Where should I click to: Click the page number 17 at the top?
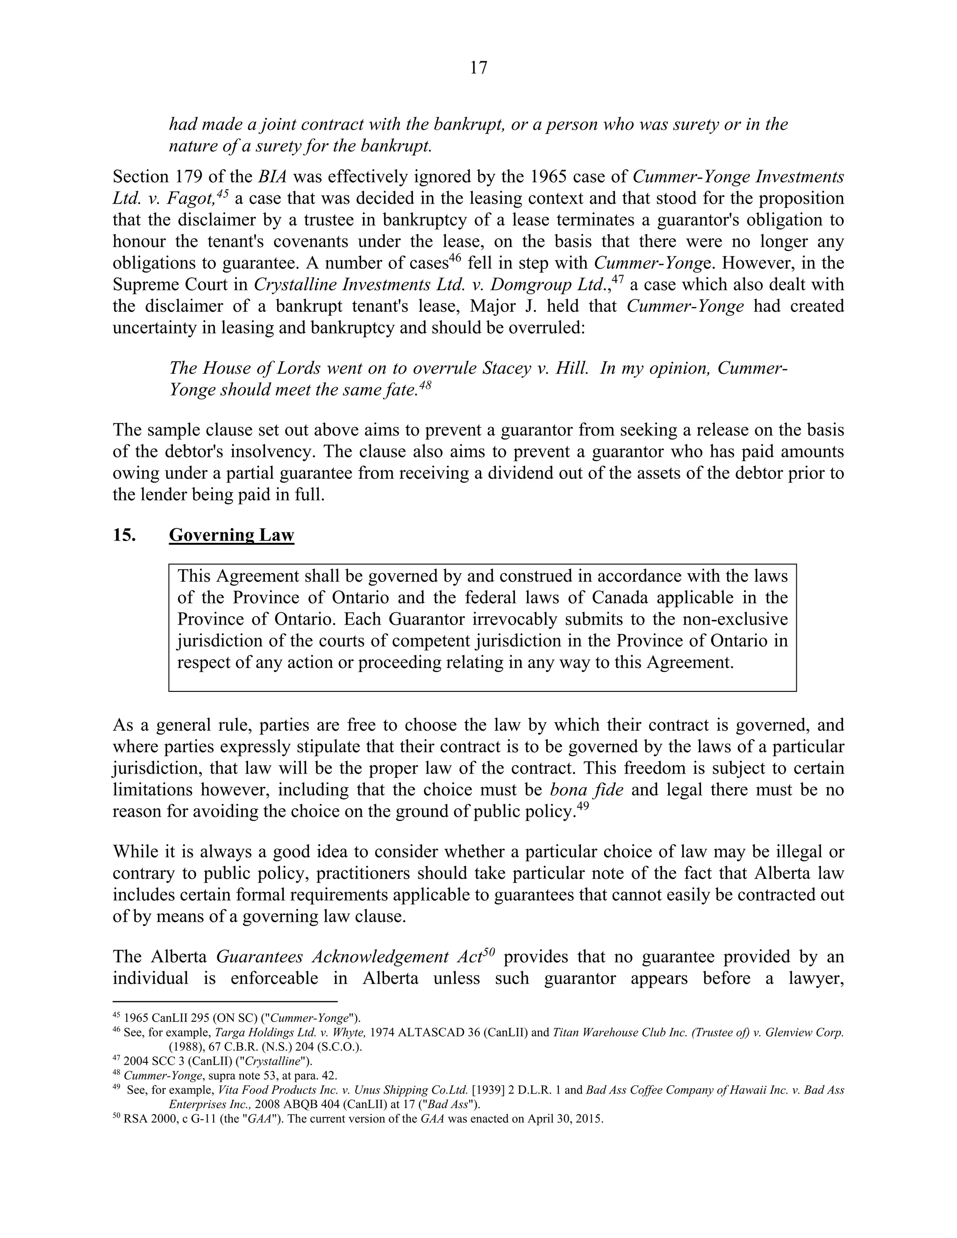tap(478, 68)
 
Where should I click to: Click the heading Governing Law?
tap(231, 534)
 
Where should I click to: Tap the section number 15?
tap(123, 534)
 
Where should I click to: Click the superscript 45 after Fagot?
tap(222, 193)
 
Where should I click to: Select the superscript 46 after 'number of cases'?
tap(456, 258)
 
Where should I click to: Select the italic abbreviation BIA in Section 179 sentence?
tap(271, 177)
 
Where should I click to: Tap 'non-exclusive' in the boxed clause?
tap(735, 619)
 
